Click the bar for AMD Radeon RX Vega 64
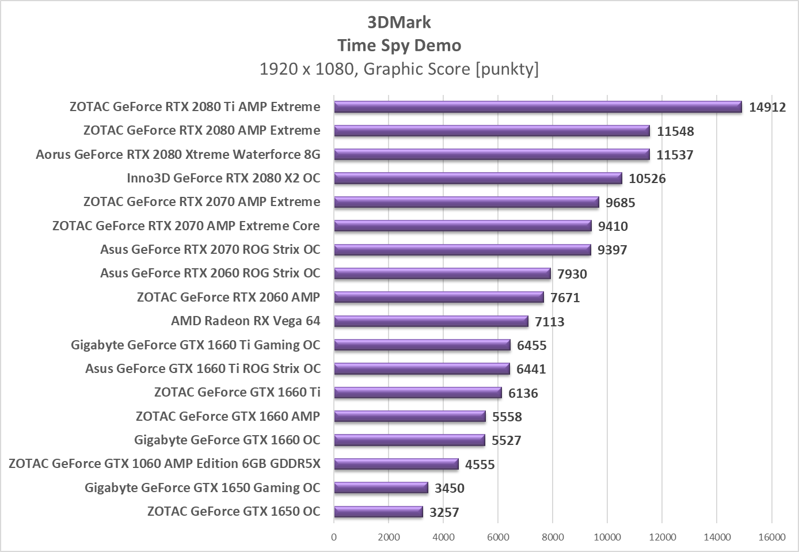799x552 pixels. [431, 321]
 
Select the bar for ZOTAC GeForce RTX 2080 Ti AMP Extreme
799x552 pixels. [538, 107]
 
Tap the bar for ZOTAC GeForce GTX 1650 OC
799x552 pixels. [378, 512]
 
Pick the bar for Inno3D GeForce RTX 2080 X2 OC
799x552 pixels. [478, 178]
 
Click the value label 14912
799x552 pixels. [767, 107]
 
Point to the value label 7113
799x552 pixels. [549, 322]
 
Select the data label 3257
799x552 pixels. [444, 512]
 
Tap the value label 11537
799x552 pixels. [675, 155]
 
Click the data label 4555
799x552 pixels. [480, 465]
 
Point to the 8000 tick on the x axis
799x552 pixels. [553, 538]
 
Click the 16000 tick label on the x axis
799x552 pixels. [771, 538]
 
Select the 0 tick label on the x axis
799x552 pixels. [334, 538]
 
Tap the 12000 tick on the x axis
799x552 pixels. [662, 538]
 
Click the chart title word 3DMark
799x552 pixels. [399, 22]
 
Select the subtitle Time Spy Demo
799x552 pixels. [399, 45]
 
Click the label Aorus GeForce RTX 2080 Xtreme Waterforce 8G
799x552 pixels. [178, 154]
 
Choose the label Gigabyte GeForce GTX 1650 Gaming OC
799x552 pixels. [202, 488]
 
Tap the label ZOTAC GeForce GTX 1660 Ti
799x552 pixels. [237, 393]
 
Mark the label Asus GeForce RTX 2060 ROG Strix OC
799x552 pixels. [210, 273]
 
